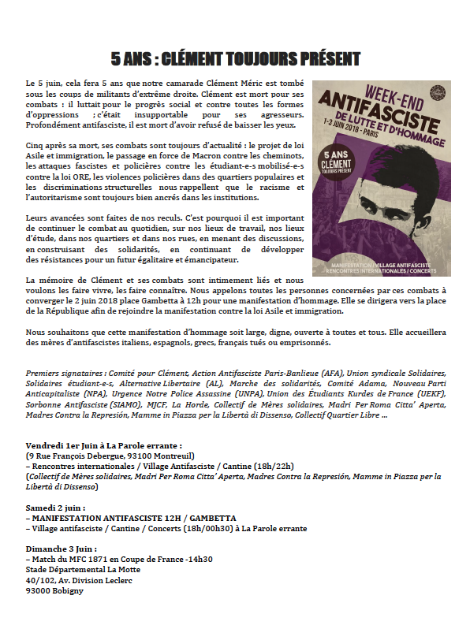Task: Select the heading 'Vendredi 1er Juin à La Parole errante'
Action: (104, 445)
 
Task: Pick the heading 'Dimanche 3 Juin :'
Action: (62, 549)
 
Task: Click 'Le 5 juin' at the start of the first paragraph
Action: (43, 82)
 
